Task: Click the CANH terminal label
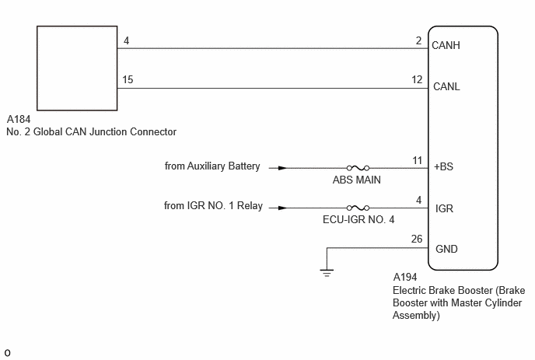pos(446,45)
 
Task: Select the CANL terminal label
pos(446,86)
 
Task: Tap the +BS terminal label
pos(443,166)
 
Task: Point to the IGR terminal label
pos(444,208)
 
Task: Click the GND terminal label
pos(446,249)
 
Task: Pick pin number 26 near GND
pos(417,239)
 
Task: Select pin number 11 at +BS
pos(418,160)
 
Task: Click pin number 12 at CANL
pos(417,79)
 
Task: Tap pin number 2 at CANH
pos(418,40)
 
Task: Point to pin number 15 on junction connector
pos(128,79)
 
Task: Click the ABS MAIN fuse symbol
pos(358,168)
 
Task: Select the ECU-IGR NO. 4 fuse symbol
pos(358,208)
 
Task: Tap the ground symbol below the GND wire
pos(327,273)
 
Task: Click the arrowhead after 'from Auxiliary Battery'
pos(282,168)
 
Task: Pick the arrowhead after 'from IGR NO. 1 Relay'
pos(282,208)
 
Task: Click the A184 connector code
pos(19,120)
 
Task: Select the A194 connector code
pos(405,277)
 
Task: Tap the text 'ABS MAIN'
pos(357,180)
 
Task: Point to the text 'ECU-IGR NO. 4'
pos(358,219)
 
